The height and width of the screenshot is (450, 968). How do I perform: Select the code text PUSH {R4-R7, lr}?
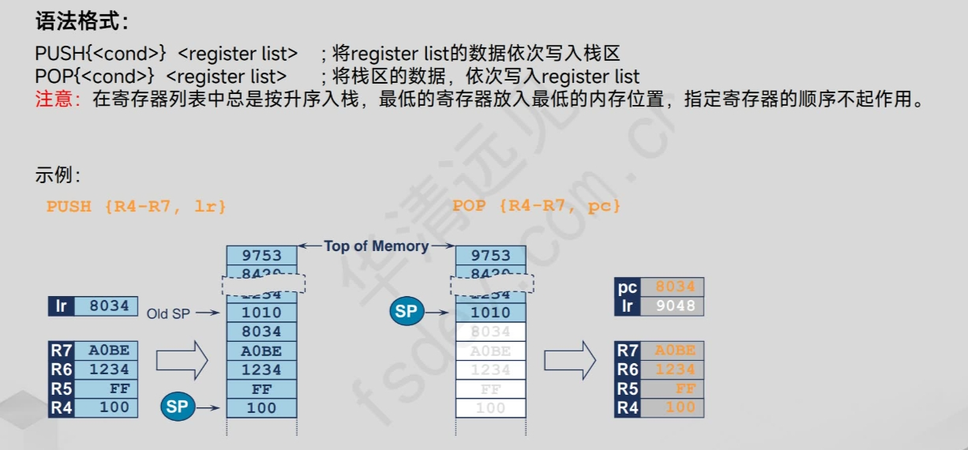click(137, 207)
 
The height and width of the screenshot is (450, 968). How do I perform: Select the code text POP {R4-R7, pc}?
click(537, 207)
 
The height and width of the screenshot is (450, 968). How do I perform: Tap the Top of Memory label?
click(376, 246)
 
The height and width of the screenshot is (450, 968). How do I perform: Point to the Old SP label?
click(168, 314)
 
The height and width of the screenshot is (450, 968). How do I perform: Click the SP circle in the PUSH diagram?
click(177, 407)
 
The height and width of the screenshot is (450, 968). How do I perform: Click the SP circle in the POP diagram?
click(406, 311)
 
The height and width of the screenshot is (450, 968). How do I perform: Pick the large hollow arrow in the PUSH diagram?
click(182, 361)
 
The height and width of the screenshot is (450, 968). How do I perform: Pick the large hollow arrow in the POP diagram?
click(569, 361)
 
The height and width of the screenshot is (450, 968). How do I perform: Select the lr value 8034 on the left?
click(107, 306)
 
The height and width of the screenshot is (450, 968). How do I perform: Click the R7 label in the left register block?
click(61, 351)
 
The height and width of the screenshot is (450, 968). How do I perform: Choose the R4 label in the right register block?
click(628, 407)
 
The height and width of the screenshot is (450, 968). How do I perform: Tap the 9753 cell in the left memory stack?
click(261, 255)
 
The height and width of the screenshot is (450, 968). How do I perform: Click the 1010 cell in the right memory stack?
click(490, 313)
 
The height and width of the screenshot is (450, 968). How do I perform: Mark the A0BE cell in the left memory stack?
click(261, 351)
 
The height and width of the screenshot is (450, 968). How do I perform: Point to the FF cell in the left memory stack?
click(261, 389)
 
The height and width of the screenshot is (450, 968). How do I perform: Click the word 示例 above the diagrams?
click(56, 176)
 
